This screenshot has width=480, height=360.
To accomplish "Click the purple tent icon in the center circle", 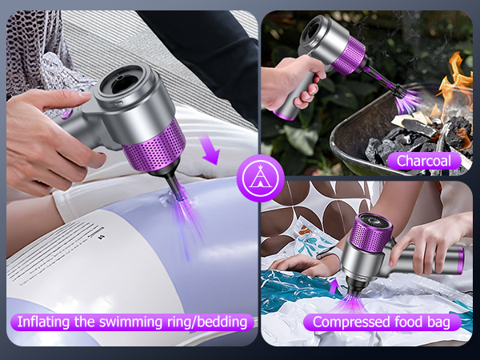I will tap(260, 178).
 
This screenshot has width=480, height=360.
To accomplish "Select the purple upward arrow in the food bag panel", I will tap(333, 286).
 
